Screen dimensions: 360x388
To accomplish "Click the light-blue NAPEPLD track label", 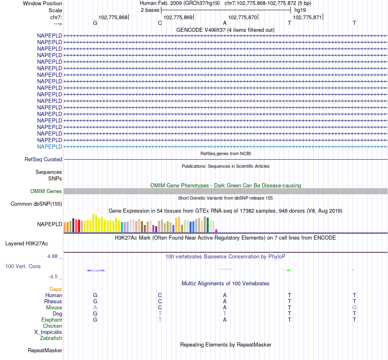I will pyautogui.click(x=49, y=147).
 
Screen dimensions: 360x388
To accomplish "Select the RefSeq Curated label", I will pyautogui.click(x=43, y=160).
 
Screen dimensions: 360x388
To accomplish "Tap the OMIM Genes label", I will pyautogui.click(x=46, y=191).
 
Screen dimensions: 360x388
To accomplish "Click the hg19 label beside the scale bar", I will pyautogui.click(x=300, y=9).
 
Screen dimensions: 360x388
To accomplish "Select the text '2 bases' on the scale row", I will pyautogui.click(x=150, y=9).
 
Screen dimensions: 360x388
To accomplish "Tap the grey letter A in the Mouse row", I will pyautogui.click(x=95, y=307).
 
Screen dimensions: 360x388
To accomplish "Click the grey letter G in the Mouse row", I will pyautogui.click(x=355, y=307).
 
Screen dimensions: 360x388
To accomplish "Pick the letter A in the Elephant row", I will pyautogui.click(x=225, y=320).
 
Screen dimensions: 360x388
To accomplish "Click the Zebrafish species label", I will pyautogui.click(x=51, y=338).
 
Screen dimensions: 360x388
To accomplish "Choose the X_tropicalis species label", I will pyautogui.click(x=48, y=332).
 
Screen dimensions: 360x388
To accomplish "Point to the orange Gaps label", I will pyautogui.click(x=56, y=289).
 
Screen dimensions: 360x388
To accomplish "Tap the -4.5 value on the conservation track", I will pyautogui.click(x=54, y=276).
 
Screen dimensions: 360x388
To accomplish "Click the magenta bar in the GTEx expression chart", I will pyautogui.click(x=216, y=231).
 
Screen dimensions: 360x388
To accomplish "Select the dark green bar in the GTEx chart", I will pyautogui.click(x=207, y=225).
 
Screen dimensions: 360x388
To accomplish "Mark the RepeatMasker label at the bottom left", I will pyautogui.click(x=45, y=350).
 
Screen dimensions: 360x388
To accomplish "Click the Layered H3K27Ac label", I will pyautogui.click(x=27, y=244).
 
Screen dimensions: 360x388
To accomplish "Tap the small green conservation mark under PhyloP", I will pyautogui.click(x=288, y=270).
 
